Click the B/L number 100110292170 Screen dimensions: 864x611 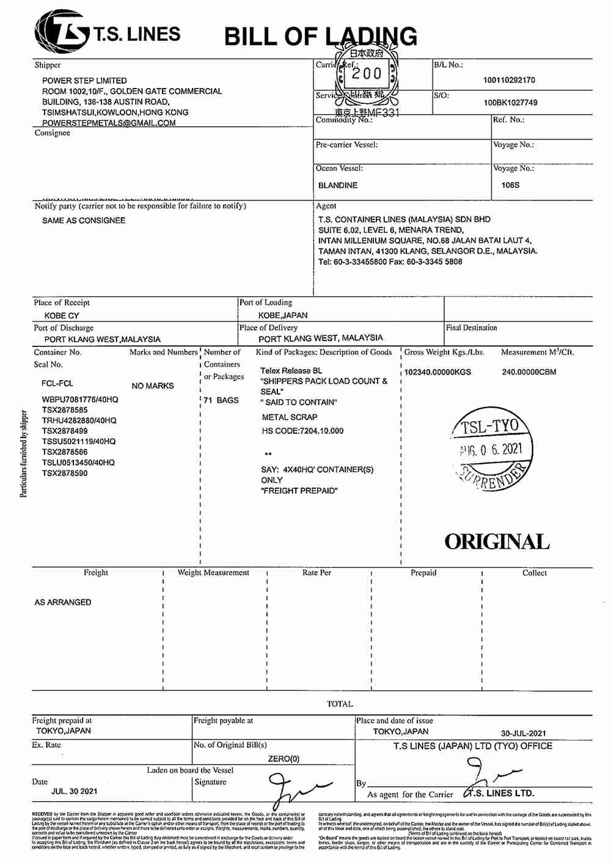(509, 80)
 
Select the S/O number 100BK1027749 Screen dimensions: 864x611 (510, 103)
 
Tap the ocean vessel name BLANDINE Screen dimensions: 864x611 (338, 185)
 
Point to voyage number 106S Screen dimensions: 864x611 (510, 185)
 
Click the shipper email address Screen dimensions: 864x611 (109, 123)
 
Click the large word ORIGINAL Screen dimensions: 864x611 (497, 542)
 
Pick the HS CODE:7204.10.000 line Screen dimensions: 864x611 (302, 431)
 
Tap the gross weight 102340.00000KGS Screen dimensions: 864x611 (437, 372)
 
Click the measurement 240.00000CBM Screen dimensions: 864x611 (529, 372)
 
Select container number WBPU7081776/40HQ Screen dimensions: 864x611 (80, 400)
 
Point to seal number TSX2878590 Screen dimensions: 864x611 (65, 473)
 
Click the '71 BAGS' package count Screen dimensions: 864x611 (221, 400)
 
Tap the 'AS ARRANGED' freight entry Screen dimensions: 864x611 (63, 602)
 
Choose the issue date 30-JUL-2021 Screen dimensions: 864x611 (524, 733)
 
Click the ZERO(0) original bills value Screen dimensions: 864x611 (284, 759)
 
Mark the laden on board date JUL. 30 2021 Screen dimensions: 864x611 (75, 791)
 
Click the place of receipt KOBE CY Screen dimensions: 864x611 (62, 316)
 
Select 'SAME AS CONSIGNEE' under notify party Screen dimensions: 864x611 (84, 221)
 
